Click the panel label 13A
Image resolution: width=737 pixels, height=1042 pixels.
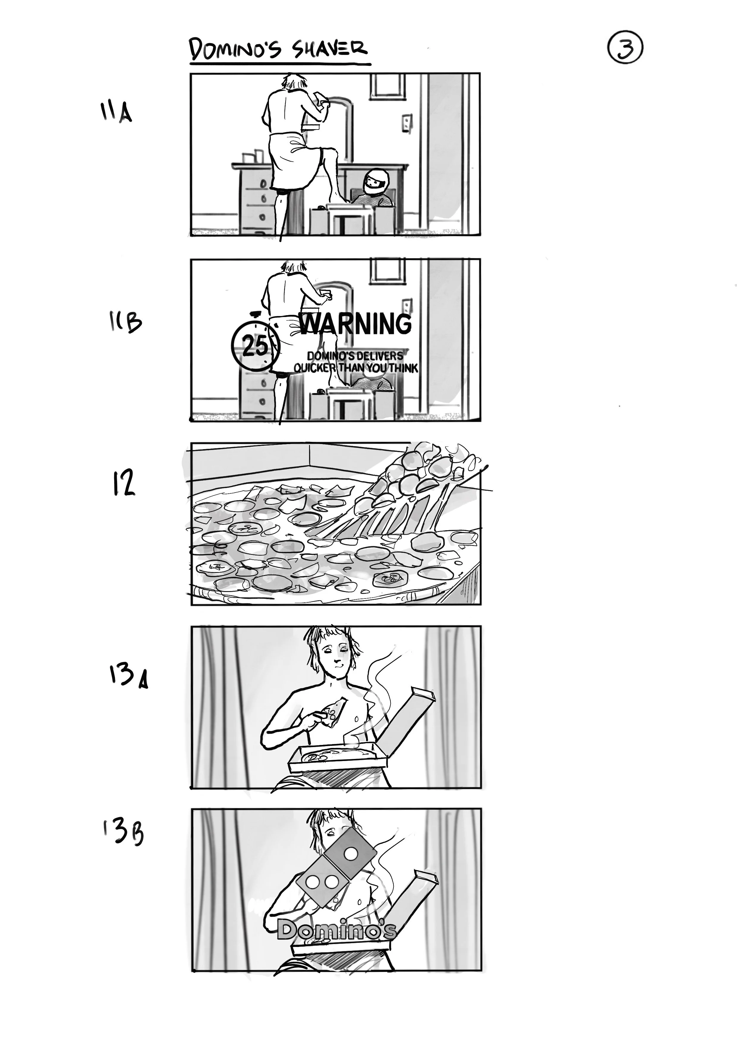[128, 676]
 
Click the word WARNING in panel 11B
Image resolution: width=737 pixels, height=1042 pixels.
[355, 324]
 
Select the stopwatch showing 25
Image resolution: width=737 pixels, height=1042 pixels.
[255, 346]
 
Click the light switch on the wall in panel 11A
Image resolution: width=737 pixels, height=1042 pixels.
[407, 123]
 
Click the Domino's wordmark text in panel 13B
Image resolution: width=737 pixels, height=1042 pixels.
[336, 930]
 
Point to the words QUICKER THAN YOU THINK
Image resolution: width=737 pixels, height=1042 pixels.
[355, 368]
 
